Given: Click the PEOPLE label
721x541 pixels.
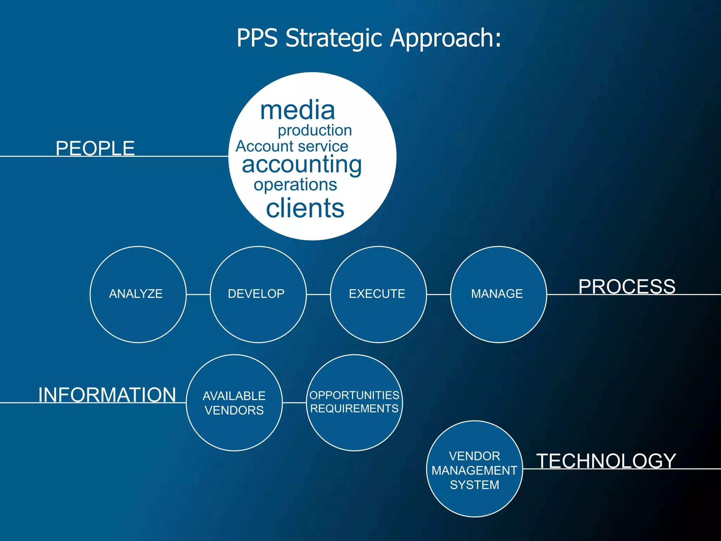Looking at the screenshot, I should coord(95,148).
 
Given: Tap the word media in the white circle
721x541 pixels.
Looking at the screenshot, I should coord(297,110).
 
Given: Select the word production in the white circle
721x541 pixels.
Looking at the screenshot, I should coord(315,130).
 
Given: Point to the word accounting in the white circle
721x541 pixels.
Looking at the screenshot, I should coord(302,164).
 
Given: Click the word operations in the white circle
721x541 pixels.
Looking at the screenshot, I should coord(295,185).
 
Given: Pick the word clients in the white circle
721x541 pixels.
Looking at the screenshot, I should coord(305,208).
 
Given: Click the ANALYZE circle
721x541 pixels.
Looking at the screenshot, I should coord(138,294).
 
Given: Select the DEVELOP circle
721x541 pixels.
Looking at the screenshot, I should coord(258,294).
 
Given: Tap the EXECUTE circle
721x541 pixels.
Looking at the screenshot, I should coord(378,294).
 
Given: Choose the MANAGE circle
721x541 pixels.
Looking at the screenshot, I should coord(498,294).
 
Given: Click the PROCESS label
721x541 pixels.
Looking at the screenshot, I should coord(627,286).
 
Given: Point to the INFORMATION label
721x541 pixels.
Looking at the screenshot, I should coord(107,394).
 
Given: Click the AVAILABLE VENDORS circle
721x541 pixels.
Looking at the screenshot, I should coord(234,403).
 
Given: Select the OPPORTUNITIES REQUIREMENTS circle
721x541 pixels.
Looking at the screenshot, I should coord(354,402).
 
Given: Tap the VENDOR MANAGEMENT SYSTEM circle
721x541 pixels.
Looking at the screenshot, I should coord(474,469).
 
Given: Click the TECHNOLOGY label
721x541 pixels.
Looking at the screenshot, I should coord(606,461).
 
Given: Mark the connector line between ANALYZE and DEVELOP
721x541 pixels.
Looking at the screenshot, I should coord(198,294).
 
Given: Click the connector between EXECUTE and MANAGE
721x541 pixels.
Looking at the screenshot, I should coord(438,294).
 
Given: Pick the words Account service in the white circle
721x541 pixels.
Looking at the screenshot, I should coord(292,147).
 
